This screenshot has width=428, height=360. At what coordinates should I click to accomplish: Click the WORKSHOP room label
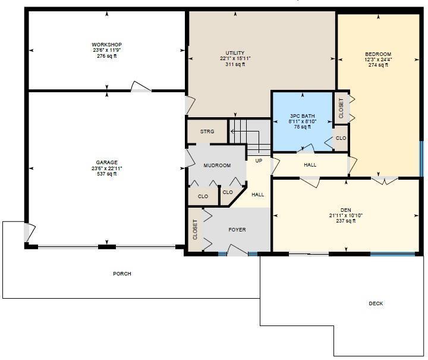tap(107, 45)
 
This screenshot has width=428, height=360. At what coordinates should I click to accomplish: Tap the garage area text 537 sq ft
tap(107, 174)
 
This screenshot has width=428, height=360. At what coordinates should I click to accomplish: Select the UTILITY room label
tap(235, 53)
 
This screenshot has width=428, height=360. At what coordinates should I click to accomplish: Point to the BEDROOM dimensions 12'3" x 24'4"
tap(378, 60)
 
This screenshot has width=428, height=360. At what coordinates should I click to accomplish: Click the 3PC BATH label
tap(303, 116)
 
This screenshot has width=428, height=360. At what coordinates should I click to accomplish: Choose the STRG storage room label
tap(207, 132)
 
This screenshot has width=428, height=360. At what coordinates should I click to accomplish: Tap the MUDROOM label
tap(218, 165)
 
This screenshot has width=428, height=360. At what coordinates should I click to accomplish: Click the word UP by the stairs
tap(259, 161)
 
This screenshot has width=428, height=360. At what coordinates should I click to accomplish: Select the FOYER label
tap(237, 230)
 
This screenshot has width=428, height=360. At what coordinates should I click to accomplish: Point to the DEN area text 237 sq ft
tap(346, 221)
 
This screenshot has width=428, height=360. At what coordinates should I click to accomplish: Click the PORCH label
tap(122, 274)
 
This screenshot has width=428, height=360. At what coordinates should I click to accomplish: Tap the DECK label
tap(376, 303)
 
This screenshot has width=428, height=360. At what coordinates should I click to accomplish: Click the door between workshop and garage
tap(141, 87)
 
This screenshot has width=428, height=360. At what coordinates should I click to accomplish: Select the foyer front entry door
tap(237, 250)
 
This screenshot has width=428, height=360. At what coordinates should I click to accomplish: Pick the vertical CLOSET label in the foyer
tap(195, 230)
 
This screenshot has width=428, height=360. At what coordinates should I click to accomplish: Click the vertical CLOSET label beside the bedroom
tap(341, 108)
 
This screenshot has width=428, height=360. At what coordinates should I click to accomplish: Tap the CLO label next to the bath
tap(341, 138)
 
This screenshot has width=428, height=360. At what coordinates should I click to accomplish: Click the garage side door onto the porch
tap(30, 233)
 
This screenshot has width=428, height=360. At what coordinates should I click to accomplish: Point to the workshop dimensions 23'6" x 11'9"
tap(107, 50)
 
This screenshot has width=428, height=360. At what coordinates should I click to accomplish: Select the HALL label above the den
tap(310, 165)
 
